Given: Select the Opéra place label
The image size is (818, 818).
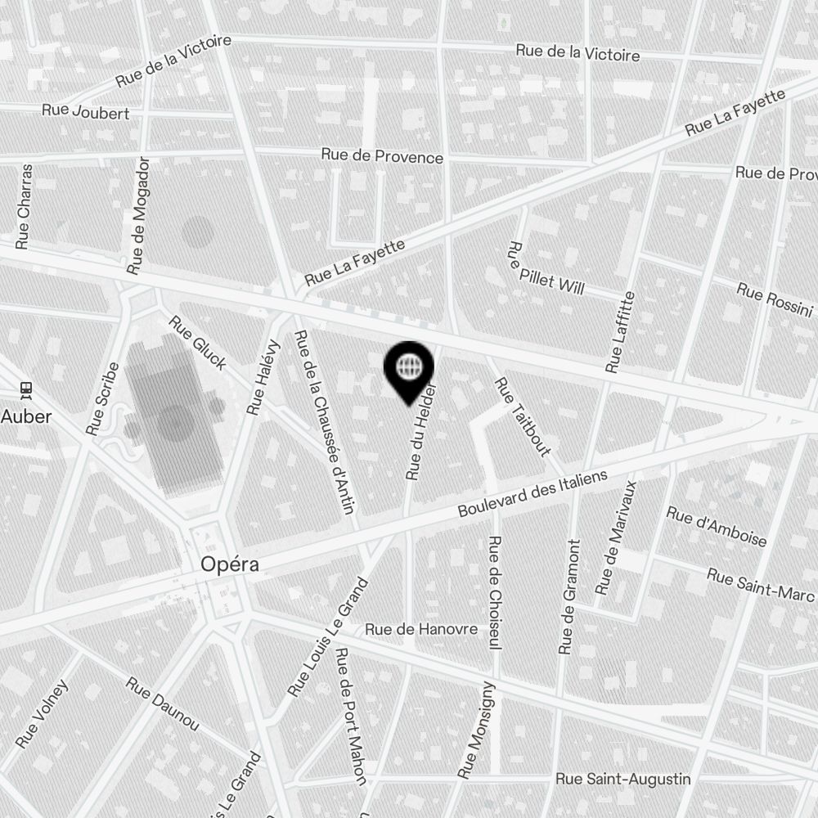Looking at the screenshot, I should tap(230, 564).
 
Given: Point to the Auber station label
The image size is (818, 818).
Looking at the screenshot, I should tap(26, 416).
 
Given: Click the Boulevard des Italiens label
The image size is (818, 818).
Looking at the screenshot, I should tap(533, 493).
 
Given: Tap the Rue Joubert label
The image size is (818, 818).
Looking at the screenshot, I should tap(85, 111).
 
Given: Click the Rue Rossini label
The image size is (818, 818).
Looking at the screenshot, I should tap(774, 299).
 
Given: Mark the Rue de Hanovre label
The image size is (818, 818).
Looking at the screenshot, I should tap(421, 629).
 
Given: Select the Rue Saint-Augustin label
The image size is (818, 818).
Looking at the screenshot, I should tap(622, 780).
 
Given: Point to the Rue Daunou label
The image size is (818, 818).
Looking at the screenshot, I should tap(163, 703).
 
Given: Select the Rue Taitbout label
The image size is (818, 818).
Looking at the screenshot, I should tap(521, 416).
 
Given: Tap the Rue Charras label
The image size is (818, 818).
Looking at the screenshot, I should tap(25, 205).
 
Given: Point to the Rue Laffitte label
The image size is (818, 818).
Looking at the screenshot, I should tap(619, 332).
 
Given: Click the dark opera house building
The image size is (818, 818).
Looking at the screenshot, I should tap(173, 417).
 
